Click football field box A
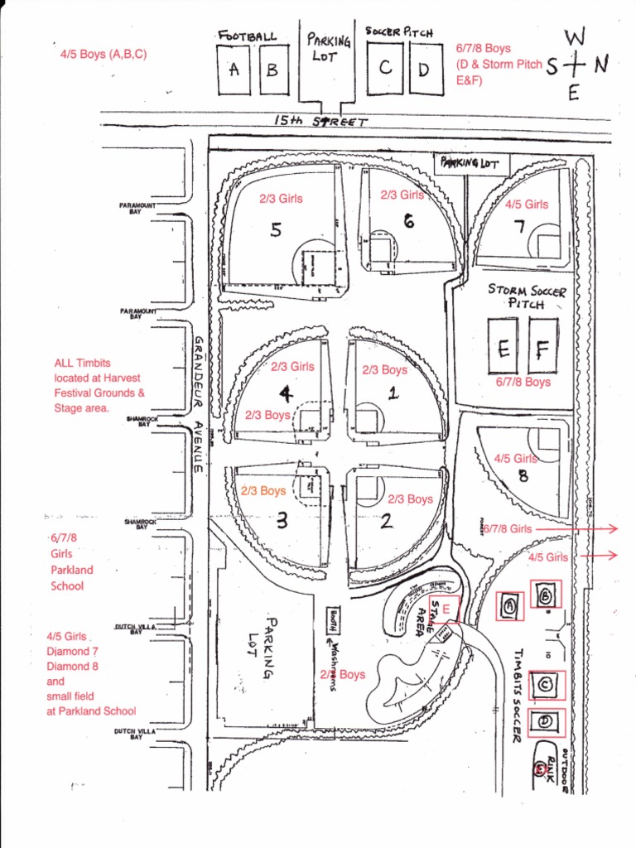[x=234, y=70]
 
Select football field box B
[x=272, y=70]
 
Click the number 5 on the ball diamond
[x=275, y=230]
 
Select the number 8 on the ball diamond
[x=523, y=475]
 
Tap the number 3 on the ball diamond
[x=281, y=521]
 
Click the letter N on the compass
[x=600, y=65]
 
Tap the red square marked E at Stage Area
[x=446, y=609]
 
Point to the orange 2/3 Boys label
[x=263, y=491]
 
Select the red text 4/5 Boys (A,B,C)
[x=104, y=55]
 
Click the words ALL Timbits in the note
[x=82, y=363]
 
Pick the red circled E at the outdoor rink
[x=541, y=769]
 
